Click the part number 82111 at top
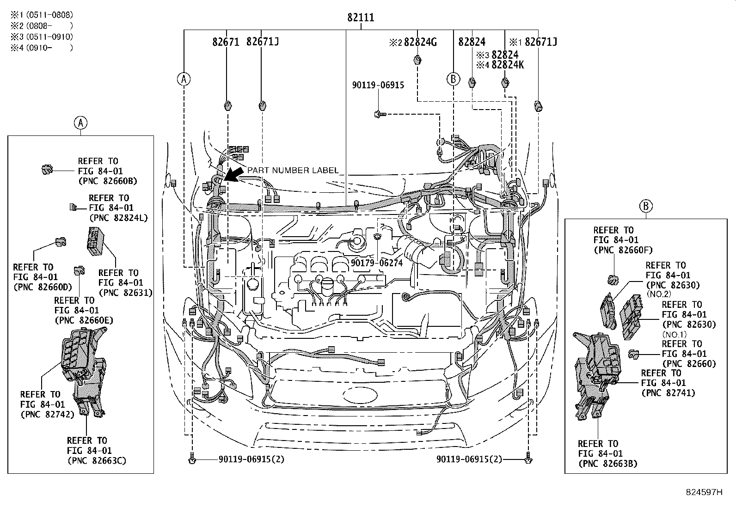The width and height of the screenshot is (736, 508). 361,18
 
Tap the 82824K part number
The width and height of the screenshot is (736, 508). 508,65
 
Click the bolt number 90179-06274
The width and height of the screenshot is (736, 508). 376,263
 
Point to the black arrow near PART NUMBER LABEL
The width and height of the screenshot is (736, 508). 234,175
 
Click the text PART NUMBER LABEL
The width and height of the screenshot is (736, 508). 293,170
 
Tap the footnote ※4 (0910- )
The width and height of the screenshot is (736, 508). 42,47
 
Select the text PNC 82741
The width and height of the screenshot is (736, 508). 668,393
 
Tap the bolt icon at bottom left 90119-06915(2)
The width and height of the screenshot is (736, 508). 192,460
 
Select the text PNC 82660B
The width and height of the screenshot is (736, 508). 108,181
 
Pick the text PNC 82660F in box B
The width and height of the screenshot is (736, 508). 623,250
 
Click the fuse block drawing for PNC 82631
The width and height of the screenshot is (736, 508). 95,240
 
